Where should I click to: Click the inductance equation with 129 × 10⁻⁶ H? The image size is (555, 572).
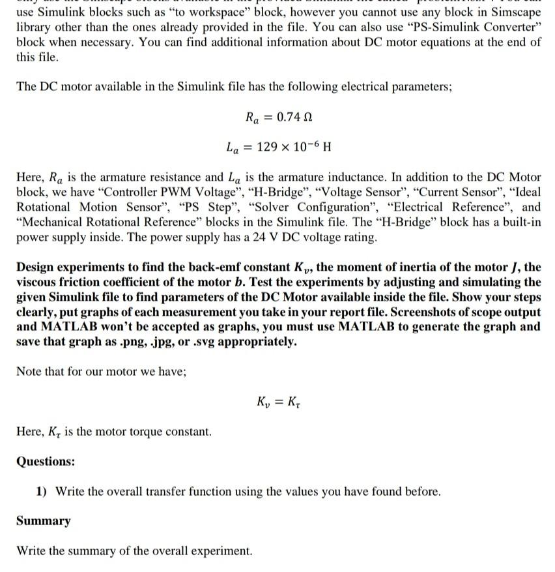pyautogui.click(x=279, y=147)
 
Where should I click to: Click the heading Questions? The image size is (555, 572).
pyautogui.click(x=45, y=461)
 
